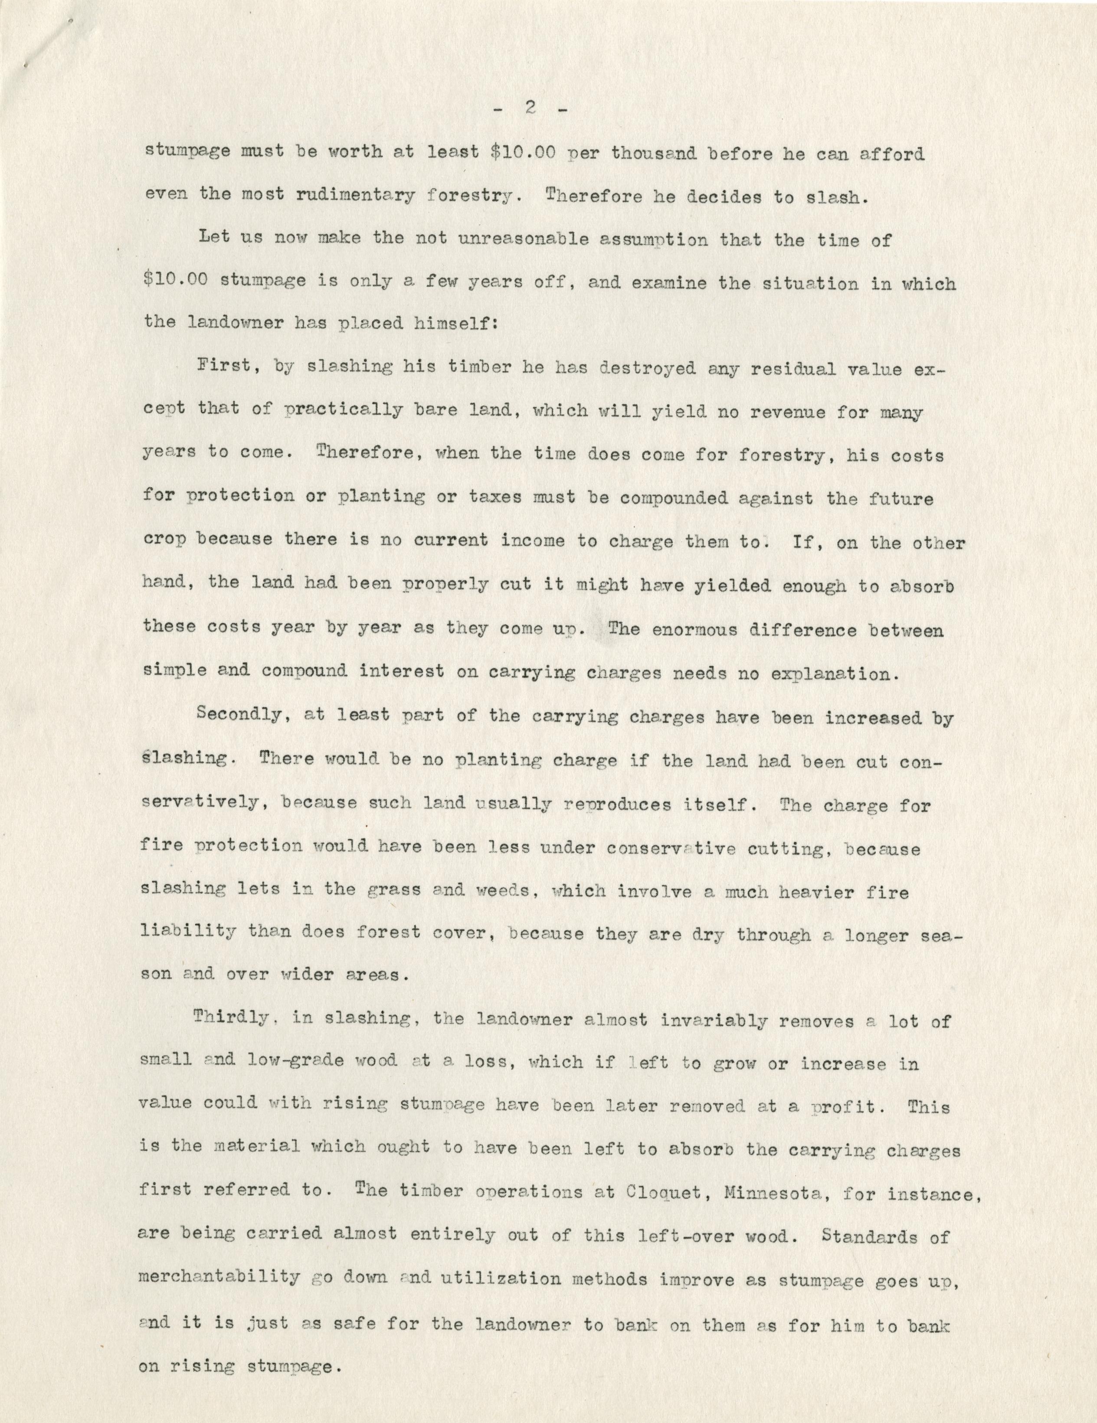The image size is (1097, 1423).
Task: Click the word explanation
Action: point(835,673)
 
